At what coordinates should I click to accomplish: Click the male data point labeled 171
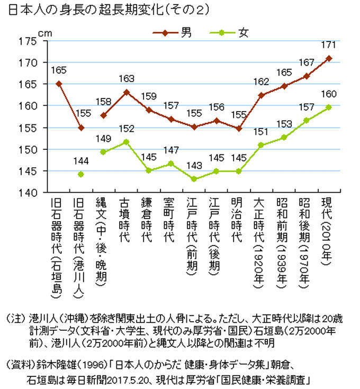click(x=329, y=58)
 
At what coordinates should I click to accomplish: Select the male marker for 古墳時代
click(x=126, y=92)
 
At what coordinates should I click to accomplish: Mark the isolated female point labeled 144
click(x=81, y=174)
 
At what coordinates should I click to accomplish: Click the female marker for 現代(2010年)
click(x=329, y=107)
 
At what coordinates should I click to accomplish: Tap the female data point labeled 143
click(x=194, y=179)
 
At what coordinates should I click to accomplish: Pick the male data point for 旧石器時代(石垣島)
click(x=59, y=84)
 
